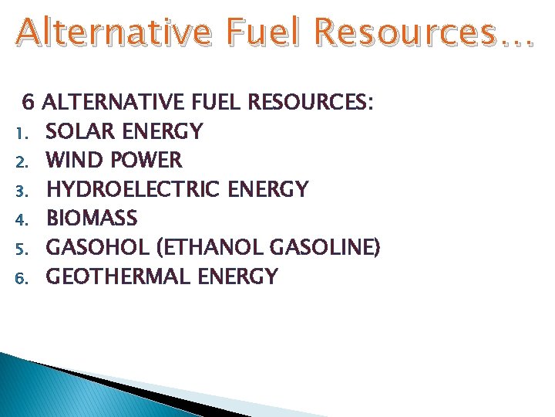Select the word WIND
[x=72, y=161]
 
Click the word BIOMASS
[x=92, y=219]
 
